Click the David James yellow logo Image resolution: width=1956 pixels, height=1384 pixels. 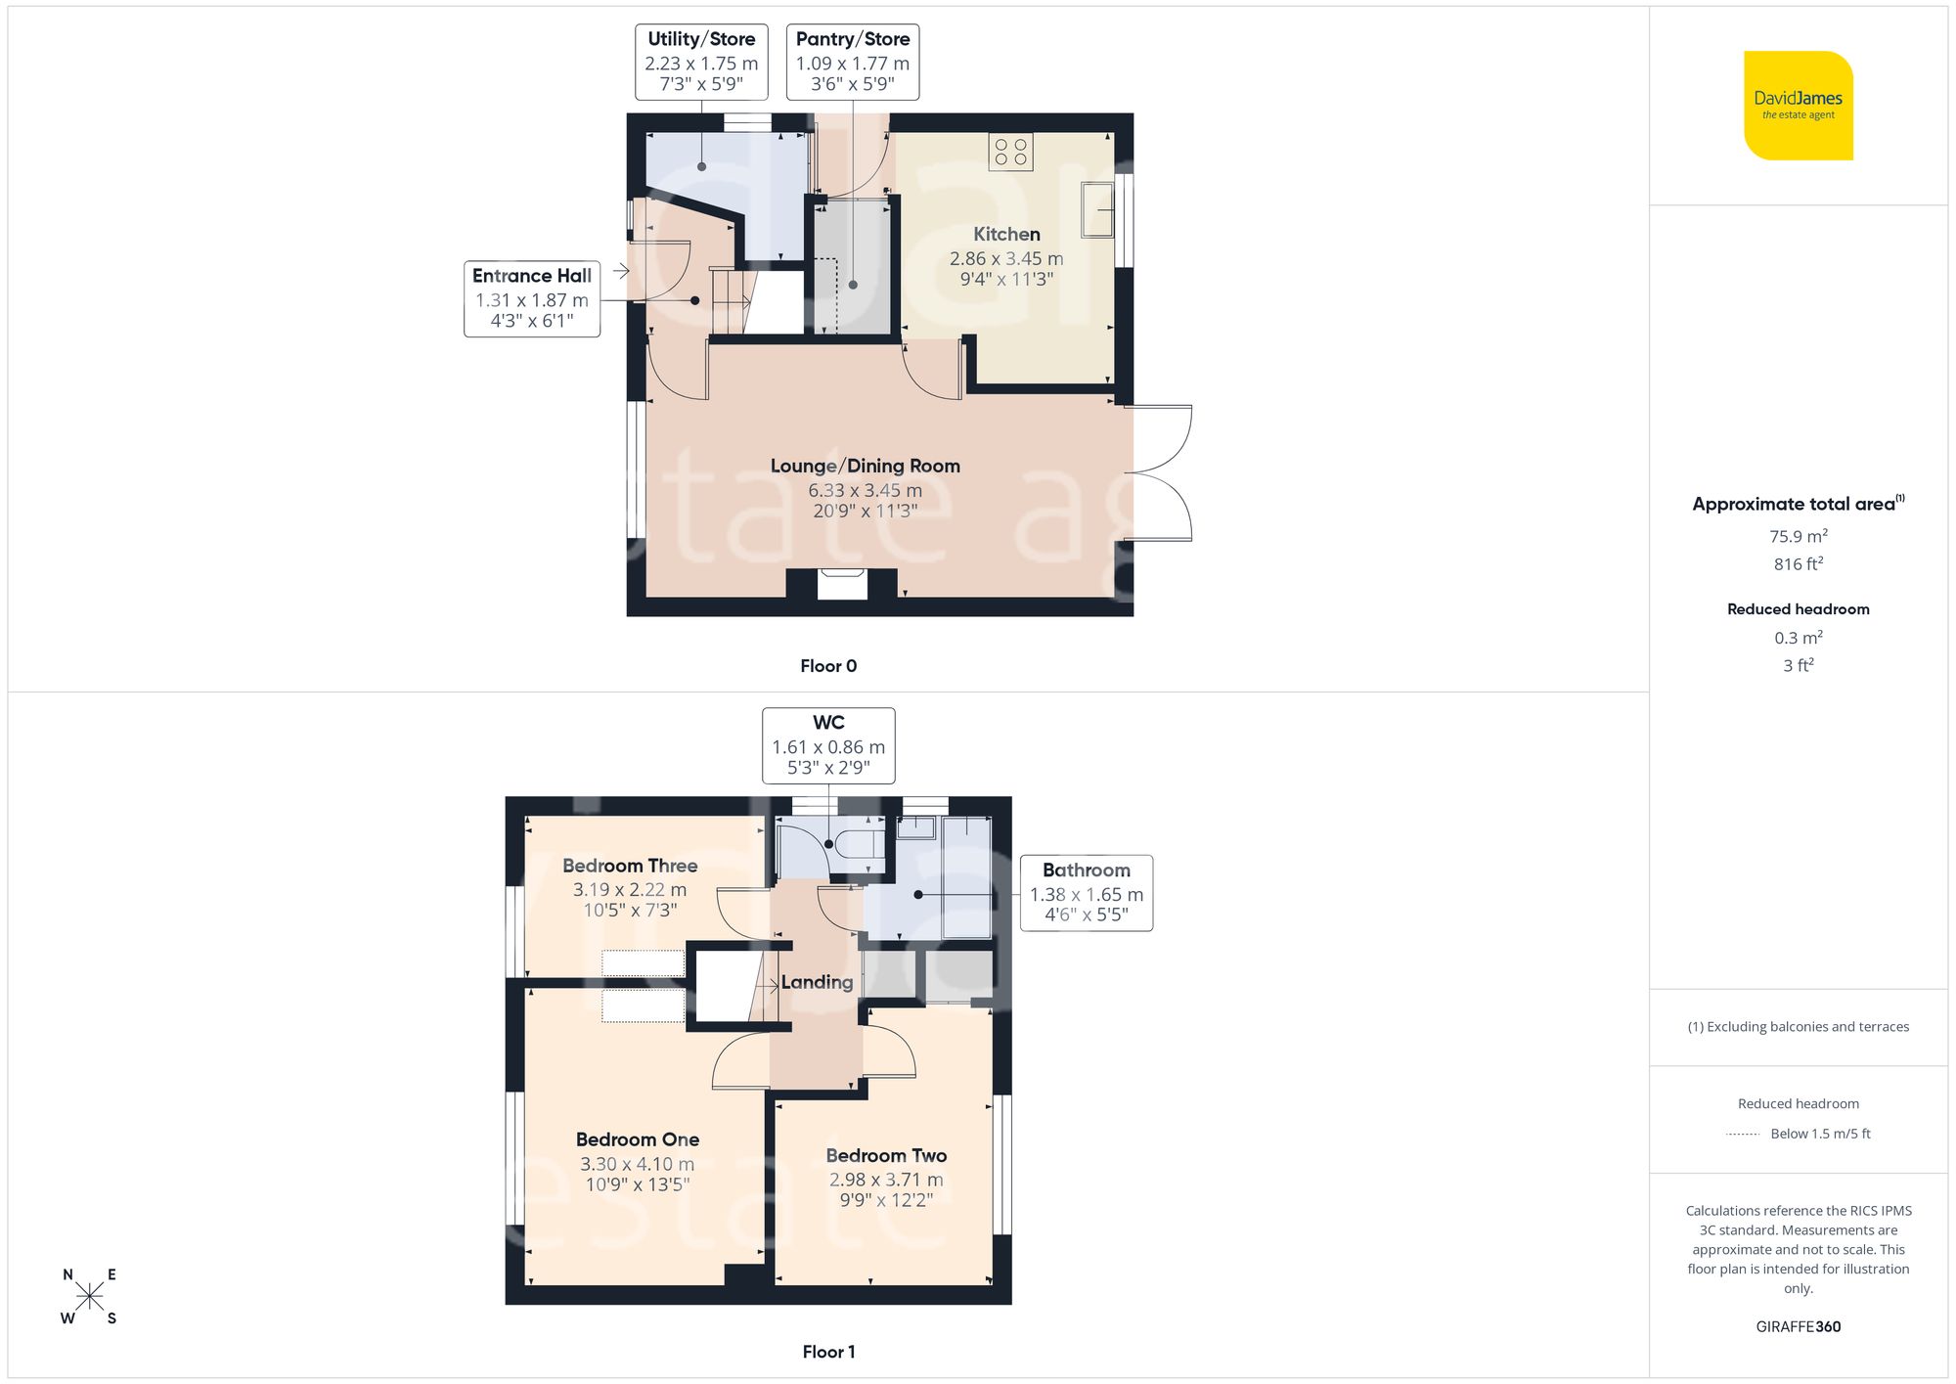(x=1798, y=106)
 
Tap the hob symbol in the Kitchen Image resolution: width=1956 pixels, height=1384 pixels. (x=1010, y=152)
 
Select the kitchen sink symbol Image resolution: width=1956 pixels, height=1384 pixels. (x=1097, y=209)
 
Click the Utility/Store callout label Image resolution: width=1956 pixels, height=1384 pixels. (x=701, y=62)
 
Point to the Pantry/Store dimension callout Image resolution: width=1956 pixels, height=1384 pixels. (x=853, y=62)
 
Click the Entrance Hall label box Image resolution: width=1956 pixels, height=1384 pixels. (x=531, y=298)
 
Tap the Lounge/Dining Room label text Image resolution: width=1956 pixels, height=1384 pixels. (x=865, y=467)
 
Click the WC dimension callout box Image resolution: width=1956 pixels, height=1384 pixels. (x=828, y=745)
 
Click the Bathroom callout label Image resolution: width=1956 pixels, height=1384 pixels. (x=1086, y=892)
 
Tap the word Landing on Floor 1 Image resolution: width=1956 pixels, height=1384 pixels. (x=817, y=982)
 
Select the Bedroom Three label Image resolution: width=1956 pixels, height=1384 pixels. (x=630, y=866)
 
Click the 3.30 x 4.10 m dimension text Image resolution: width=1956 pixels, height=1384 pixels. (x=637, y=1164)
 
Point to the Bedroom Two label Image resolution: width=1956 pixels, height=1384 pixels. (x=886, y=1156)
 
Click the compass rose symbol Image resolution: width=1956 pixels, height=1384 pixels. (x=89, y=1297)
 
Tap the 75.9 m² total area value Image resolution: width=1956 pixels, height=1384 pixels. (x=1798, y=536)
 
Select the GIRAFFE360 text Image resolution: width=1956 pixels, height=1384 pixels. (x=1798, y=1327)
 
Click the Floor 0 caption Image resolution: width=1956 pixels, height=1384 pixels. (x=828, y=666)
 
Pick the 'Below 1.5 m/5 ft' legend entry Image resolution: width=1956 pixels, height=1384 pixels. (x=1819, y=1134)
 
